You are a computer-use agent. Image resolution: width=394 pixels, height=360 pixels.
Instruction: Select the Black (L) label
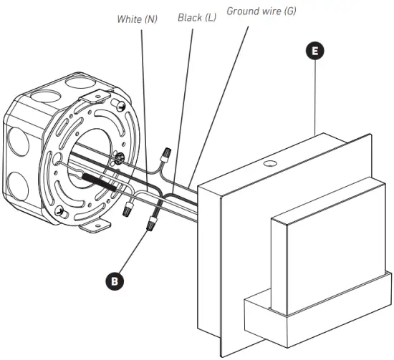coord(197,16)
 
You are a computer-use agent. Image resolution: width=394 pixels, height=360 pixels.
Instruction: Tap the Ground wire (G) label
coord(260,11)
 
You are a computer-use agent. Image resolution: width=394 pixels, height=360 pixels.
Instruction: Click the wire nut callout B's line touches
coord(151,225)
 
